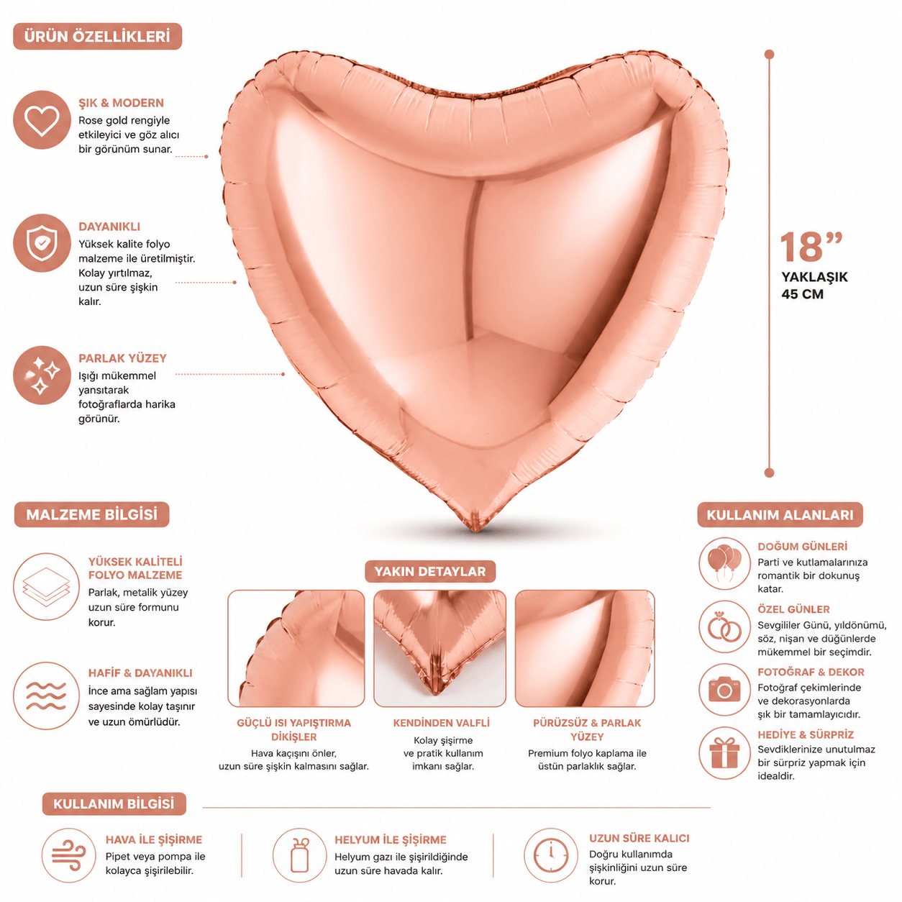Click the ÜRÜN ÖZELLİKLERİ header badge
pyautogui.click(x=97, y=37)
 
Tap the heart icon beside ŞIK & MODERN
pyautogui.click(x=42, y=120)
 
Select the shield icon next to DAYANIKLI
pyautogui.click(x=42, y=243)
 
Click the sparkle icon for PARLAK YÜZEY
pyautogui.click(x=42, y=375)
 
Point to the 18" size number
pyautogui.click(x=810, y=247)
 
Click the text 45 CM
pyautogui.click(x=802, y=294)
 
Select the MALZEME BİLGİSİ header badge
pyautogui.click(x=92, y=515)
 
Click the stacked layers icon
pyautogui.click(x=46, y=587)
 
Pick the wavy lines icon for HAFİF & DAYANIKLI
pyautogui.click(x=46, y=696)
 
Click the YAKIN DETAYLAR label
pyautogui.click(x=430, y=572)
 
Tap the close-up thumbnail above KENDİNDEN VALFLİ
pyautogui.click(x=440, y=648)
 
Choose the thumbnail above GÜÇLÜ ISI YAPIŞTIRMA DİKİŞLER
pyautogui.click(x=296, y=648)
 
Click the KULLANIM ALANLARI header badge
pyautogui.click(x=780, y=515)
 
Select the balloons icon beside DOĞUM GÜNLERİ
pyautogui.click(x=724, y=564)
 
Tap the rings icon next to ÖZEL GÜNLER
pyautogui.click(x=724, y=627)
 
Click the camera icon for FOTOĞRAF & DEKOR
pyautogui.click(x=724, y=690)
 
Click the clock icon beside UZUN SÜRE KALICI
pyautogui.click(x=551, y=855)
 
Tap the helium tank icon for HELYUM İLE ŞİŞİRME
pyautogui.click(x=299, y=855)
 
